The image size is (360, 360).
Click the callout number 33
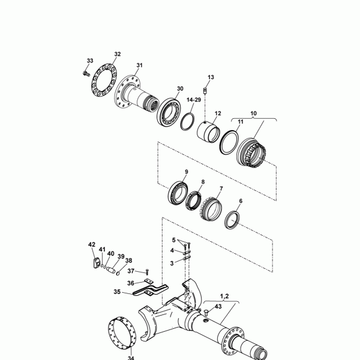click(x=90, y=61)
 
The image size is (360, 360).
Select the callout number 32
click(x=117, y=54)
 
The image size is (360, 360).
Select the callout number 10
click(x=253, y=113)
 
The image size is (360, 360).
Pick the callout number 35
click(x=118, y=292)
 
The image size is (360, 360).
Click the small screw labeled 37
click(x=146, y=272)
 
